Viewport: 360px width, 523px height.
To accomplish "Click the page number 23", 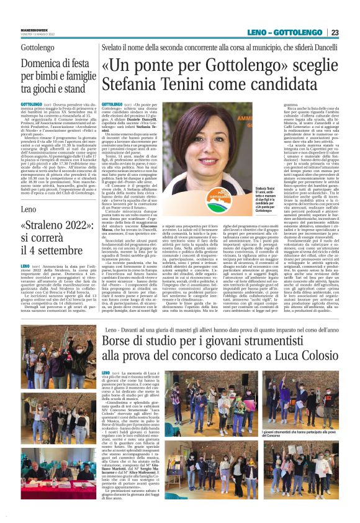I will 351,32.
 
